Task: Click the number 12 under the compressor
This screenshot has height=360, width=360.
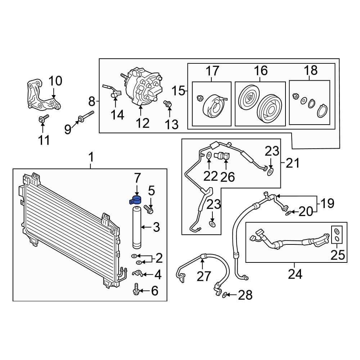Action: [x=143, y=123]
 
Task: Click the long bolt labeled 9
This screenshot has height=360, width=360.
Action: [x=86, y=117]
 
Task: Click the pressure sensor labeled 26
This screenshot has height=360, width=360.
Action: [x=222, y=156]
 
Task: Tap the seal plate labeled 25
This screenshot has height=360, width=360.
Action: [x=337, y=234]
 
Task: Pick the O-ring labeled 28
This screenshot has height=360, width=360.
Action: [x=225, y=295]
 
